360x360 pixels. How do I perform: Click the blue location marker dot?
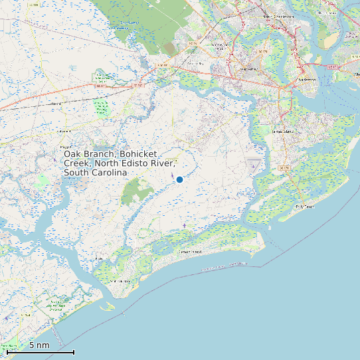click(x=179, y=179)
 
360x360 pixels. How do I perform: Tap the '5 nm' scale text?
click(x=39, y=345)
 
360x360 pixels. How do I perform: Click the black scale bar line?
click(x=45, y=352)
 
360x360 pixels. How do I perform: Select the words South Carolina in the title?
click(x=95, y=173)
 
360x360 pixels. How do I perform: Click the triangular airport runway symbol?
click(x=253, y=162)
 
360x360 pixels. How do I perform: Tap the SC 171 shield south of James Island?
click(x=284, y=168)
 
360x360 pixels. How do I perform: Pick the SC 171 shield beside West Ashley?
click(x=262, y=51)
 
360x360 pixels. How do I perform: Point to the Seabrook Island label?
click(x=122, y=282)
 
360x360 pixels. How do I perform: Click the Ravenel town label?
click(x=56, y=104)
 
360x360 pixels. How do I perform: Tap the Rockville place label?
click(x=100, y=259)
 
